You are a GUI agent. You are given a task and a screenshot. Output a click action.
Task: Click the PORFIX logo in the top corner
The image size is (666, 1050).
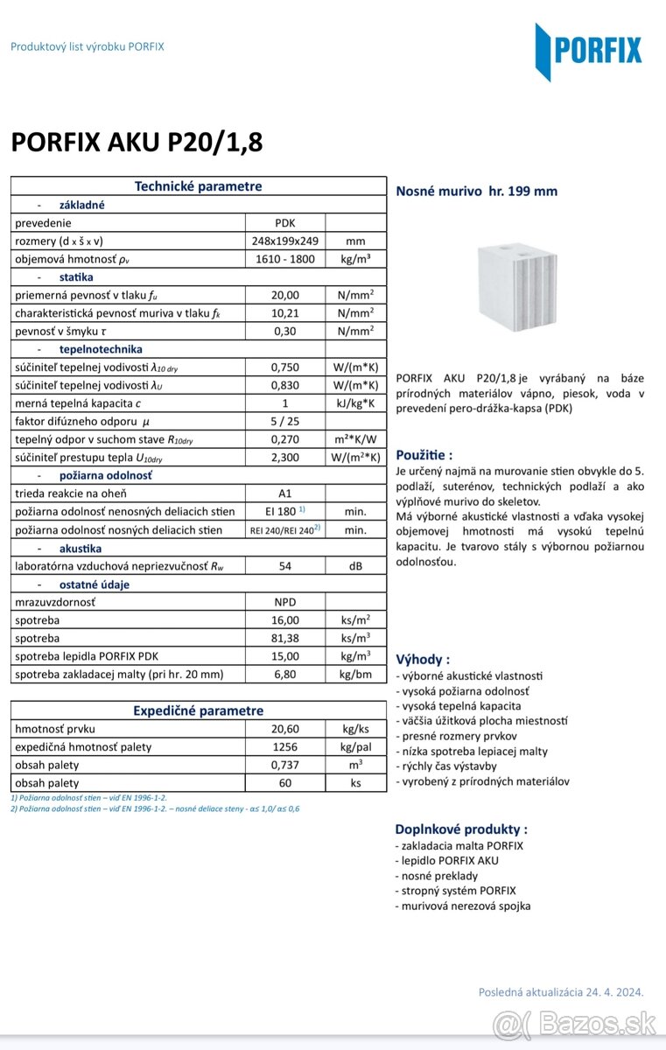tap(588, 51)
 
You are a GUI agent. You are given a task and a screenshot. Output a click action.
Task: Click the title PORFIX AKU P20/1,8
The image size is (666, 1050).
tap(137, 142)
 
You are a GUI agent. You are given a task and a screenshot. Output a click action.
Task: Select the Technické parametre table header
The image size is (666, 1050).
tap(198, 186)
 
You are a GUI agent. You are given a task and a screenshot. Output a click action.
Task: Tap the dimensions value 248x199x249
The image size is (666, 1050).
tap(285, 241)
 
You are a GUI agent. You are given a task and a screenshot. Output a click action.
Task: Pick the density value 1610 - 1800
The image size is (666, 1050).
tap(285, 259)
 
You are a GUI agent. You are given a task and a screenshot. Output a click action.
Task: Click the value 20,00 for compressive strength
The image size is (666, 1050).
tap(285, 295)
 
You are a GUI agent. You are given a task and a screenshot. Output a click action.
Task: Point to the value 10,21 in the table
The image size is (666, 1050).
tap(285, 313)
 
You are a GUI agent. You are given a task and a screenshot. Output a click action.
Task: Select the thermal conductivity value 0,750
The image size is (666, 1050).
tap(285, 367)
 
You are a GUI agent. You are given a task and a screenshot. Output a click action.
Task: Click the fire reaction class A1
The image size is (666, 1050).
tap(285, 493)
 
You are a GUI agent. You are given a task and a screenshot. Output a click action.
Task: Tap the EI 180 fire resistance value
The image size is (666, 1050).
tap(285, 511)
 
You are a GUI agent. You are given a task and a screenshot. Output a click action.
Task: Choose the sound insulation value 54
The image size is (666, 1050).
tap(285, 565)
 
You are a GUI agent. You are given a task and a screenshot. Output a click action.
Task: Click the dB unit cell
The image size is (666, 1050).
tap(355, 565)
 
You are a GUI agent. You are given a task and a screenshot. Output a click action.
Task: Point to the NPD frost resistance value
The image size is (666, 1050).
tap(285, 601)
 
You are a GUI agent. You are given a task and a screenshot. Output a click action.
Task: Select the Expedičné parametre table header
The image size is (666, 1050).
tap(198, 710)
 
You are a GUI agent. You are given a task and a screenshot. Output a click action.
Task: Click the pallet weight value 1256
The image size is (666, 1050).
tap(285, 746)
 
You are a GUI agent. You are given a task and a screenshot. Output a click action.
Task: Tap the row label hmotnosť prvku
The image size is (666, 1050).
tap(55, 728)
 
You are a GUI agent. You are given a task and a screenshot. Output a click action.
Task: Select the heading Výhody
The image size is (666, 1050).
tap(424, 659)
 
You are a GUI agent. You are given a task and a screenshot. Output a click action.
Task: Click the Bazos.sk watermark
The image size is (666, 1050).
tap(574, 1023)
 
